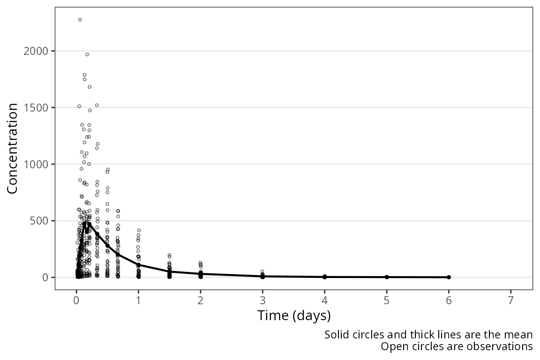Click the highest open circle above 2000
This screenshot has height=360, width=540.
(80, 20)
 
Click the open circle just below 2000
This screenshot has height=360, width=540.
(87, 54)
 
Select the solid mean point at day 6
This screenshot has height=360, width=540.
(449, 277)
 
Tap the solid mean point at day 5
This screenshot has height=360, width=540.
(387, 277)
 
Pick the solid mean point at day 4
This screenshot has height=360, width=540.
(325, 277)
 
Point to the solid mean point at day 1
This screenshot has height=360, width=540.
(138, 265)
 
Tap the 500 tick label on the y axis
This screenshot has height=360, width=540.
(38, 220)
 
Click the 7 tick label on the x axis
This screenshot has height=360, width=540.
(511, 300)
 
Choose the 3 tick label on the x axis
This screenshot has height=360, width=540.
(262, 300)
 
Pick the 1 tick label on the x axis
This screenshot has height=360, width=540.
(138, 300)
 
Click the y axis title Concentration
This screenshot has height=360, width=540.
(12, 149)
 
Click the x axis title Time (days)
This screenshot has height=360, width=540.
(294, 315)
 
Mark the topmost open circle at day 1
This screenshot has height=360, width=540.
(139, 230)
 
